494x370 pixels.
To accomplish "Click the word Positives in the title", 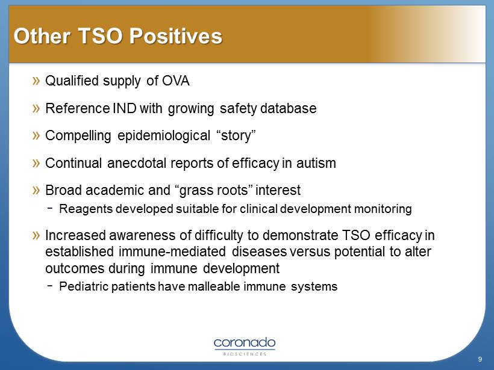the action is point(176,36).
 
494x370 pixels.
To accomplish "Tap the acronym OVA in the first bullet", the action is point(176,81).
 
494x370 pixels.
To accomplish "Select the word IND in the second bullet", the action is point(125,108).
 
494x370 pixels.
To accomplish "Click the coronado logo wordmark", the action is point(245,343).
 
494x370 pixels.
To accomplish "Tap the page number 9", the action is point(480,359).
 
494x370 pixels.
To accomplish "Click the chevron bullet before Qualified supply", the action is point(36,81).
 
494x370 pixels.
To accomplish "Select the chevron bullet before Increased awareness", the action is point(36,235).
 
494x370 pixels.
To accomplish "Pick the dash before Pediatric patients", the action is point(50,286).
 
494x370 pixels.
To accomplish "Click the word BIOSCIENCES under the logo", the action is point(245,354).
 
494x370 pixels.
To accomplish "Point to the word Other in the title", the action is point(42,36).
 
